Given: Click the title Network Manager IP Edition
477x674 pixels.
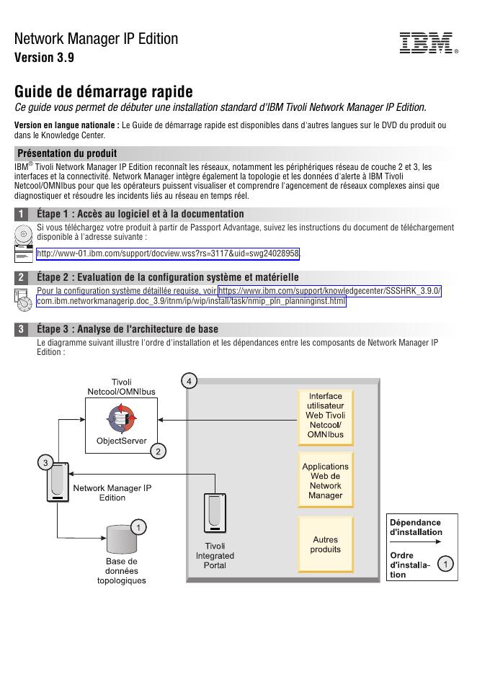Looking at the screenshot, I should pos(96,39).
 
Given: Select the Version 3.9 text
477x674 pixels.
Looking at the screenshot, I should pos(44,58).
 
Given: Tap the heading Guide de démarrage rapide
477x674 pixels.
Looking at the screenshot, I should pos(104,92).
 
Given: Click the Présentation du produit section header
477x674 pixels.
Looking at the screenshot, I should pos(67,153).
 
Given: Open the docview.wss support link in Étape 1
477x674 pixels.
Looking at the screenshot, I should pos(168,253).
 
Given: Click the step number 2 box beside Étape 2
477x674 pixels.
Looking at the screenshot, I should pos(22,277).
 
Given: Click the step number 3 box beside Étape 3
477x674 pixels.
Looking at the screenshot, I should pos(22,330).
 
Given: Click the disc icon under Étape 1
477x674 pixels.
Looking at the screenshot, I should pos(24,235).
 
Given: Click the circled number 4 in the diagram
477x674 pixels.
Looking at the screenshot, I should pos(189,379).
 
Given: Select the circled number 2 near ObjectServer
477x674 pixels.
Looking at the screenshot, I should pos(158,451).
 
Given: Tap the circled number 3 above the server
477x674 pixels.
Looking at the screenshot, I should pos(45,462).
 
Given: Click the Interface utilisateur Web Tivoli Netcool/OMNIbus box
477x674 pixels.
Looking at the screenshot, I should pos(326,415).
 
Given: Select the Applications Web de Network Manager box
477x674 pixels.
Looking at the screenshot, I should pos(326,481).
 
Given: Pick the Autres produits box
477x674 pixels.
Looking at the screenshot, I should pos(326,545).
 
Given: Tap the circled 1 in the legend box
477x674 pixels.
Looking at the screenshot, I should pos(447,565).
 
